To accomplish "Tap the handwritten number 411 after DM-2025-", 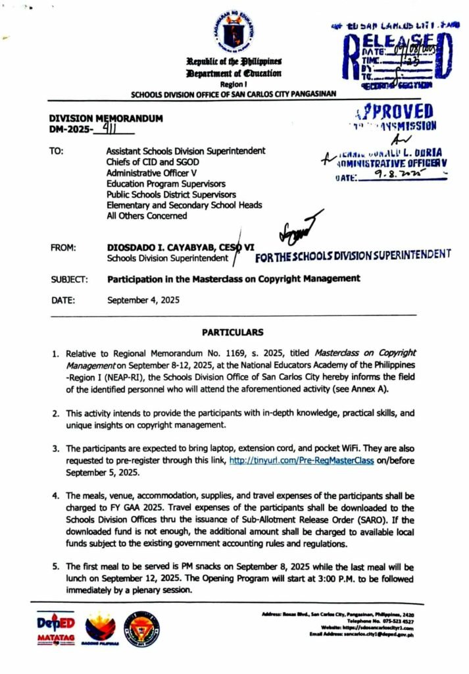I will click(x=103, y=130).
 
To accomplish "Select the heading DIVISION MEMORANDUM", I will click(x=106, y=118).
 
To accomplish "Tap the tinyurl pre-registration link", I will click(x=301, y=461).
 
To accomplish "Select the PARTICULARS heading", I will click(x=232, y=332).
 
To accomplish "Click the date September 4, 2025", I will click(x=143, y=300).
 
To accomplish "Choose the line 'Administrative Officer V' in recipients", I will click(x=151, y=172).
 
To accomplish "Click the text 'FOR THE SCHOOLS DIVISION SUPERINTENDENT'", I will click(x=353, y=255).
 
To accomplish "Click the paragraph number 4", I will click(x=56, y=495).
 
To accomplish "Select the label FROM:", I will click(x=63, y=247).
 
